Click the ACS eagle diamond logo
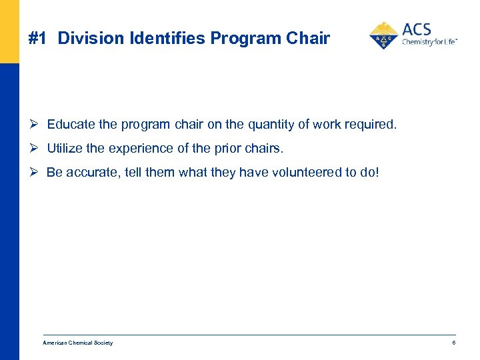(x=383, y=36)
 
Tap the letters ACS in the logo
(x=417, y=29)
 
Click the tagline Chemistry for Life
(x=429, y=42)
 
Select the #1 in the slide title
(x=38, y=39)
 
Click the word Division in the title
(x=84, y=39)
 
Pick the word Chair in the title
(x=308, y=39)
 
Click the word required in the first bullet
(x=373, y=125)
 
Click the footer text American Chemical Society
(x=77, y=343)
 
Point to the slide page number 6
(x=453, y=343)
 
